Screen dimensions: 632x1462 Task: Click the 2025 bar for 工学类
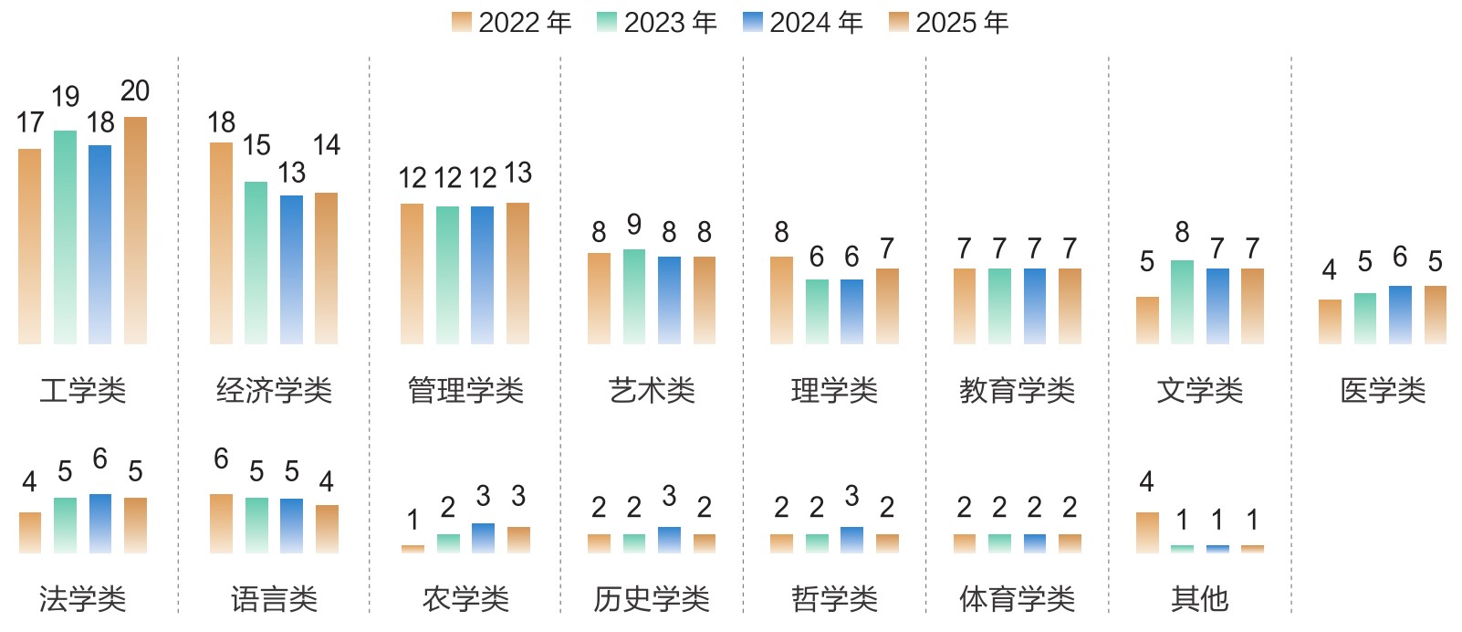pos(135,230)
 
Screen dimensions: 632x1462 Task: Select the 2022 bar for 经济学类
pos(221,243)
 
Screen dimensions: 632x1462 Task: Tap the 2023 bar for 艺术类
pos(634,296)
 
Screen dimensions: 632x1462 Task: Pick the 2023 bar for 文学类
pos(1182,301)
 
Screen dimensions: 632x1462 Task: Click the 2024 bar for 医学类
pos(1400,314)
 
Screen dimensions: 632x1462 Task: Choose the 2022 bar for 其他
pos(1147,532)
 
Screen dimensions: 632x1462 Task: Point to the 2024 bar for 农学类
pos(483,538)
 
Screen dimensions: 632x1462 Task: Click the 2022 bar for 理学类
pos(781,300)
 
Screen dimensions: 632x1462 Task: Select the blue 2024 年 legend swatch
pos(753,23)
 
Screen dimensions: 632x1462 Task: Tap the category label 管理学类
pos(465,391)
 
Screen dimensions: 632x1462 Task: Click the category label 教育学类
pos(1017,391)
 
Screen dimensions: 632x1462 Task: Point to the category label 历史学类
pos(652,599)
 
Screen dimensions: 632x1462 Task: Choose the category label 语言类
pos(274,599)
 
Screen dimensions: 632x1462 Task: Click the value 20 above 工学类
pos(135,91)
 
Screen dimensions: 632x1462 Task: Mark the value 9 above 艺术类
pos(634,225)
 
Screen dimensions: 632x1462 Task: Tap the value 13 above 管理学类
pos(517,174)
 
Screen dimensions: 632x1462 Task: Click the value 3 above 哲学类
pos(851,497)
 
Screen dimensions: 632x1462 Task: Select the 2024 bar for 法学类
pos(100,523)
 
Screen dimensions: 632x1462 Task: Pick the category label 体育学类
pos(1017,599)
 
